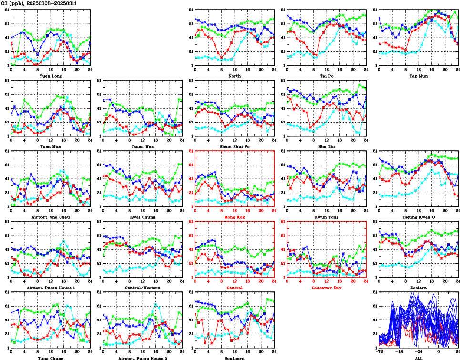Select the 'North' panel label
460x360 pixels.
pos(234,76)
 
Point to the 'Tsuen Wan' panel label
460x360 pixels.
pos(143,146)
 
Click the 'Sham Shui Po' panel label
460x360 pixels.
pos(234,146)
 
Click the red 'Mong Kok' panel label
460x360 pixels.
pos(234,217)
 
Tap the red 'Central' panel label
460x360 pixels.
pos(234,288)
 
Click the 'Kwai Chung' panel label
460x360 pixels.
pos(143,217)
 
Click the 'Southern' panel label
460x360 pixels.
pos(234,358)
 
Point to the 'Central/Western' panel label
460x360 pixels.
pos(143,288)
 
